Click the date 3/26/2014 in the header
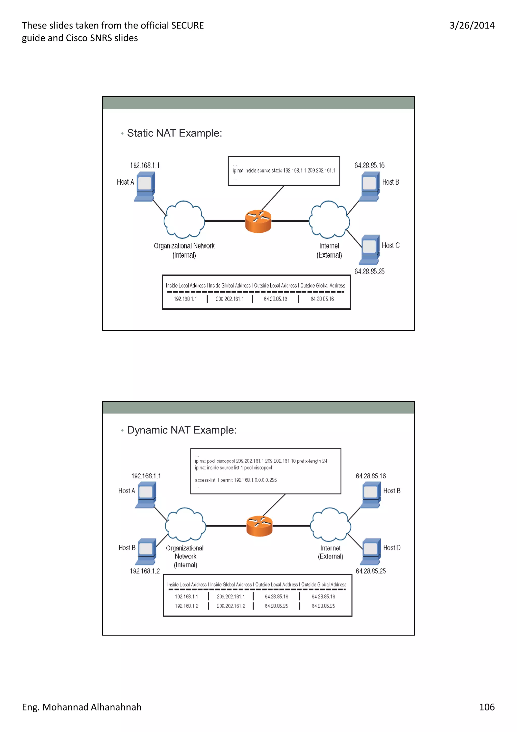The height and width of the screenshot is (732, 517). point(472,26)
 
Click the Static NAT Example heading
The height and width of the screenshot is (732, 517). point(174,133)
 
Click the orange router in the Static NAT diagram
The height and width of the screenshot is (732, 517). point(258,221)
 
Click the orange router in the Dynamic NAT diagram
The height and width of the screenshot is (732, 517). point(259,526)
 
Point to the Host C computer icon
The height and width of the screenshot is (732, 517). point(370,249)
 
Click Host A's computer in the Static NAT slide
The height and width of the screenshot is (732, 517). point(145,186)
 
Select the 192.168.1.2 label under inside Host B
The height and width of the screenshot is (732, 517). point(145,571)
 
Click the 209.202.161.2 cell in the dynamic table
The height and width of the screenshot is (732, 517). point(231,606)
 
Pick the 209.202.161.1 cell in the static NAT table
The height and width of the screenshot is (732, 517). point(230,299)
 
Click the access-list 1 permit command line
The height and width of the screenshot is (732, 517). point(236,480)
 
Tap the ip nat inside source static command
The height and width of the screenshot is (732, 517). point(283,170)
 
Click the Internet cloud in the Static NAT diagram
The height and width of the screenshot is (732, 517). point(329,220)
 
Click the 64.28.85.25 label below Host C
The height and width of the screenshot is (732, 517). point(369,271)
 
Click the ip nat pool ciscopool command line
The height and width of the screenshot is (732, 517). point(261,461)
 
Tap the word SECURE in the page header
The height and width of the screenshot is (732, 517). point(187,26)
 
